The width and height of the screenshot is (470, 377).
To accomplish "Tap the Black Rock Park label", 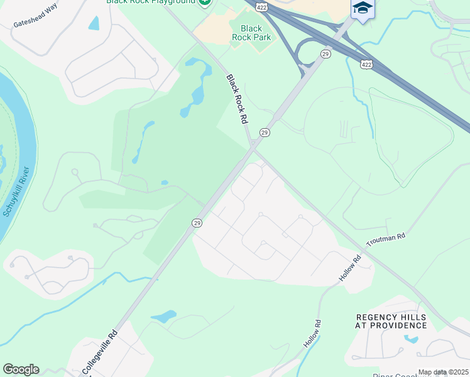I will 251,33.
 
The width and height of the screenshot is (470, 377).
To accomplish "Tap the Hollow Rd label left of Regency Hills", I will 312,335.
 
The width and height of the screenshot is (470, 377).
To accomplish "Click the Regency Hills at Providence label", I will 391,322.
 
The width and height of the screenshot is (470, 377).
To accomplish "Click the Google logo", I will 21,369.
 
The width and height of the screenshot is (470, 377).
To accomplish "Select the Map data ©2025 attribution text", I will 443,372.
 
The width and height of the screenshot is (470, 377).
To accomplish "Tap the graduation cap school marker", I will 363,9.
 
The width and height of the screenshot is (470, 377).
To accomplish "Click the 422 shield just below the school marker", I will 366,63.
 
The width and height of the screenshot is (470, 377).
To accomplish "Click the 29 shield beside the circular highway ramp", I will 325,55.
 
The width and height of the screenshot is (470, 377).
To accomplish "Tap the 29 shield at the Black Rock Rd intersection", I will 265,133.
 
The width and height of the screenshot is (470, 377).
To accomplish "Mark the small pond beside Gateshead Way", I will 94,23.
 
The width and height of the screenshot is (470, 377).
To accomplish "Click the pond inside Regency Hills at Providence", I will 412,339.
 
